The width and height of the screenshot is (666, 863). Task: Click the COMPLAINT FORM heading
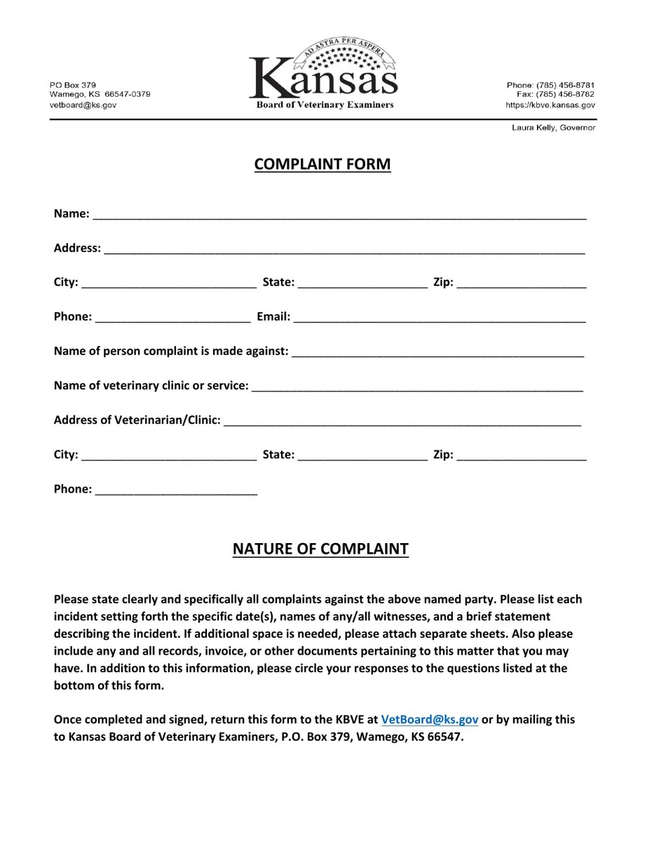[322, 164]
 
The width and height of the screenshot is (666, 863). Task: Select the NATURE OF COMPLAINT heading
[320, 549]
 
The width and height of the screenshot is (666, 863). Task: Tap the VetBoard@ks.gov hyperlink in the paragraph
[429, 720]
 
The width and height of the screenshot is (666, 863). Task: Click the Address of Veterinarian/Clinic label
[137, 420]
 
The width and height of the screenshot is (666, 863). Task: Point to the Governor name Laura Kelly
[553, 128]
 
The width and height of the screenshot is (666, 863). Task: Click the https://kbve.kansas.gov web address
[550, 105]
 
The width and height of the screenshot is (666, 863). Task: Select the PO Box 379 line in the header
[72, 85]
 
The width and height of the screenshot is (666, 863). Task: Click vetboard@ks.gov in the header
[83, 105]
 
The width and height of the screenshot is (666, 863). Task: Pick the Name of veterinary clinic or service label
[151, 386]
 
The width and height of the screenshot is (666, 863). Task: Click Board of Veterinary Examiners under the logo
[325, 105]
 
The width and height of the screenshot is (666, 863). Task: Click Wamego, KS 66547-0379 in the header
[100, 95]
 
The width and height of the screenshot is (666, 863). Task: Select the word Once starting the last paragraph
[69, 720]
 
